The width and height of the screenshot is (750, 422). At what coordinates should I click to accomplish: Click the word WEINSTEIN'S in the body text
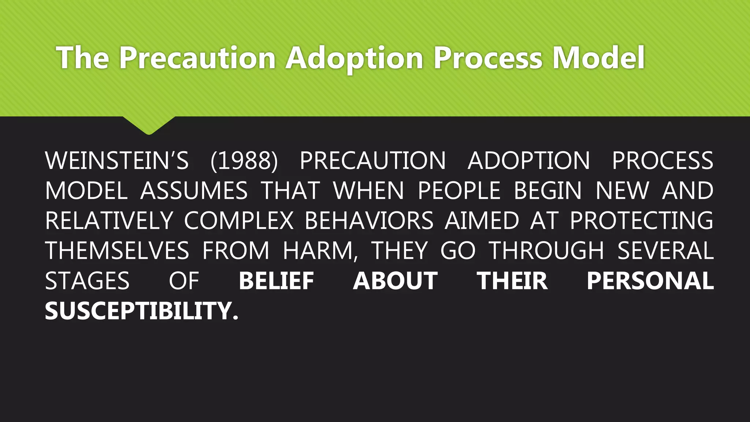116,161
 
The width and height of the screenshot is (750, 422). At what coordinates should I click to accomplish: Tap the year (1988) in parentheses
244,161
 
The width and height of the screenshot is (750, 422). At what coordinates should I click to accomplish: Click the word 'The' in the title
83,58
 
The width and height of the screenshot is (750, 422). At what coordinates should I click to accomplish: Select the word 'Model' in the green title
598,58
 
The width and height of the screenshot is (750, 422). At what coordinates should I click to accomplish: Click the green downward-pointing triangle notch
149,125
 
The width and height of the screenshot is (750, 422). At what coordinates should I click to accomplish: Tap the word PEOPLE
459,191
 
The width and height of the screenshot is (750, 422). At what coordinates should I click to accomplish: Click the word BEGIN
547,191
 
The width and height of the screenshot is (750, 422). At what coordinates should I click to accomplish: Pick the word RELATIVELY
109,221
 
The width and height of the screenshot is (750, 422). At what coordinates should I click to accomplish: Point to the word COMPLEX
239,221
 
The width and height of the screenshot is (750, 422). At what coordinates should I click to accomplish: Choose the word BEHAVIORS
369,221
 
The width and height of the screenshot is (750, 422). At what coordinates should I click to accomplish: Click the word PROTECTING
641,221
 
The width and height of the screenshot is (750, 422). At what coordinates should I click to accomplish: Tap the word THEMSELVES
117,251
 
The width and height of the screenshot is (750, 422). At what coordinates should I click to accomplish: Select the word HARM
318,251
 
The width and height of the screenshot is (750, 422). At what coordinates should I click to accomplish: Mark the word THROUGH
547,251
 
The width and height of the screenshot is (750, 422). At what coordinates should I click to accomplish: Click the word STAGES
87,281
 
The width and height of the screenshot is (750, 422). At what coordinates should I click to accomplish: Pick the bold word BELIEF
276,281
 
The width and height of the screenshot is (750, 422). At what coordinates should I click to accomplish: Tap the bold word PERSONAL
650,281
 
